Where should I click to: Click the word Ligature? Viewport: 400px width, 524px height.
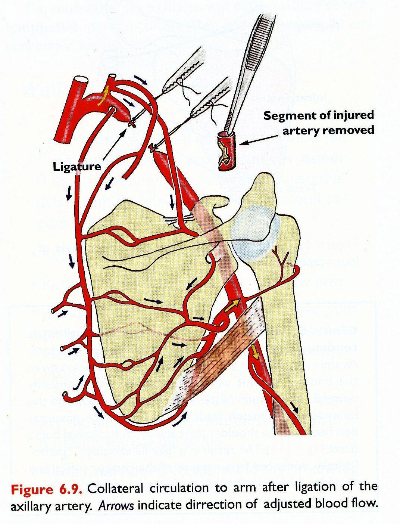coord(77,166)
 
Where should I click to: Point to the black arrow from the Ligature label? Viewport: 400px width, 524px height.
coord(115,145)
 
